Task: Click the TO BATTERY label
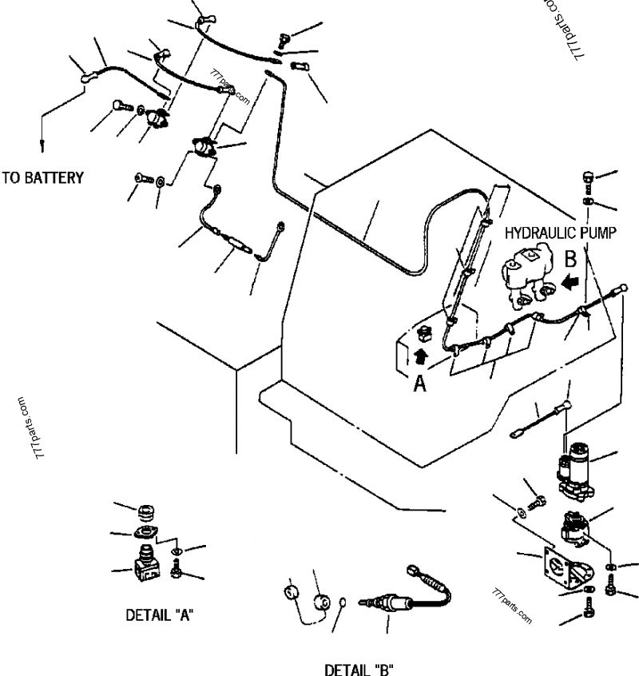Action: click(x=42, y=177)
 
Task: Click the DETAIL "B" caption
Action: click(x=359, y=667)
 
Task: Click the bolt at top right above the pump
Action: click(x=588, y=177)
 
